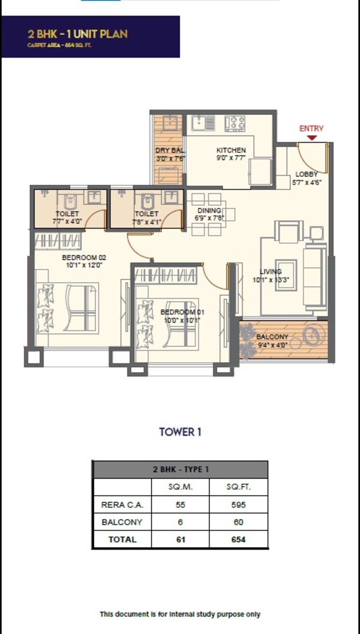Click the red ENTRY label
coord(311,129)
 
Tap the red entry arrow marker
coord(312,138)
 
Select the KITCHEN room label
coord(231,150)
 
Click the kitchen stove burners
coord(235,123)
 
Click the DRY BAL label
coord(170,150)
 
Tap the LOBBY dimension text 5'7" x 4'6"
coord(307,182)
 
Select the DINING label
coord(209,211)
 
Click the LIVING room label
coord(271,272)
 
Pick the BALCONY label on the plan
coord(273,337)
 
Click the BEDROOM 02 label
coord(84,257)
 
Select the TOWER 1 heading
coord(180,432)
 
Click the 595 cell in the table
coord(238,504)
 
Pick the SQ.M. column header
coord(180,487)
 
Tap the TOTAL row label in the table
coord(122,539)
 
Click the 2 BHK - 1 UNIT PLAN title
coord(78,34)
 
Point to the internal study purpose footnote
coord(180,614)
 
